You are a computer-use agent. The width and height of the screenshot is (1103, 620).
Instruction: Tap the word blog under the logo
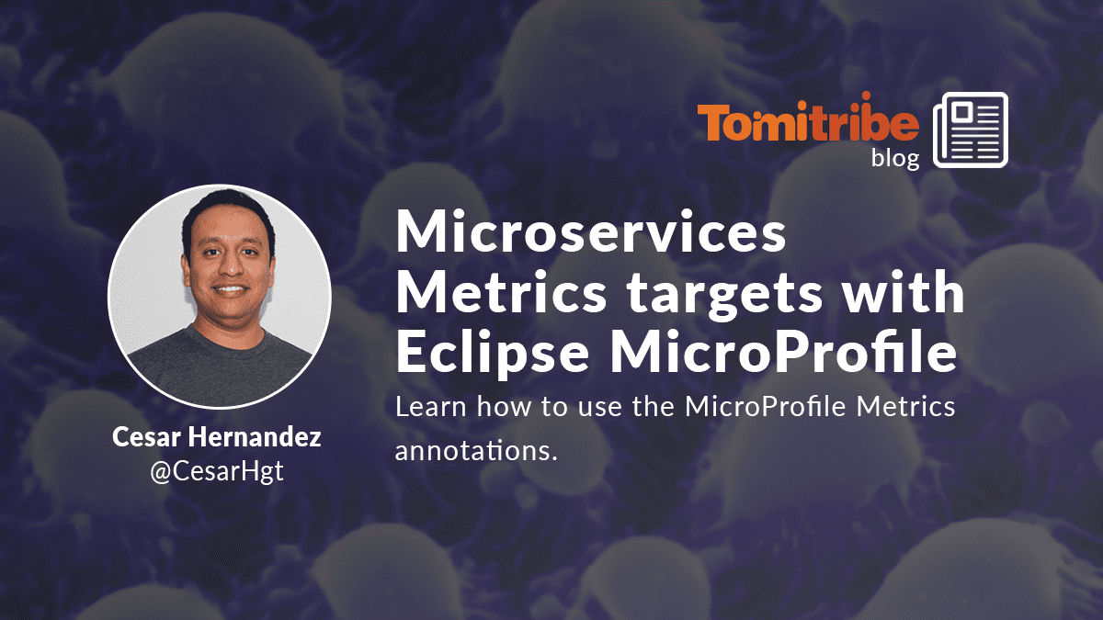[x=895, y=158]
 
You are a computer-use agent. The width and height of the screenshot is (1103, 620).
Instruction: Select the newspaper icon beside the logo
[x=971, y=130]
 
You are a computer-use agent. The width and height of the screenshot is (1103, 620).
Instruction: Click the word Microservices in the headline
[x=591, y=231]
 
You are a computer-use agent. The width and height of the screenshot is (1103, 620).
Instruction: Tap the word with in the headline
[x=903, y=290]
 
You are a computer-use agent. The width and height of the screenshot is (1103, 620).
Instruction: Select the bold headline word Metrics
[x=501, y=291]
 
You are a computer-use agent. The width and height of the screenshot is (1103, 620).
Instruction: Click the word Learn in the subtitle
[x=431, y=407]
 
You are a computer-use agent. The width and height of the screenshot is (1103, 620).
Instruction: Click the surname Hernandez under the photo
[x=254, y=436]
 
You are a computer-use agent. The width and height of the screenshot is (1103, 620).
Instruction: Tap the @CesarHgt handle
[x=217, y=471]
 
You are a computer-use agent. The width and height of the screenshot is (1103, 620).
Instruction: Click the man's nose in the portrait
[x=230, y=265]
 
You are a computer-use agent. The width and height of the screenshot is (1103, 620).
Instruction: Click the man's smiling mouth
[x=231, y=290]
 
